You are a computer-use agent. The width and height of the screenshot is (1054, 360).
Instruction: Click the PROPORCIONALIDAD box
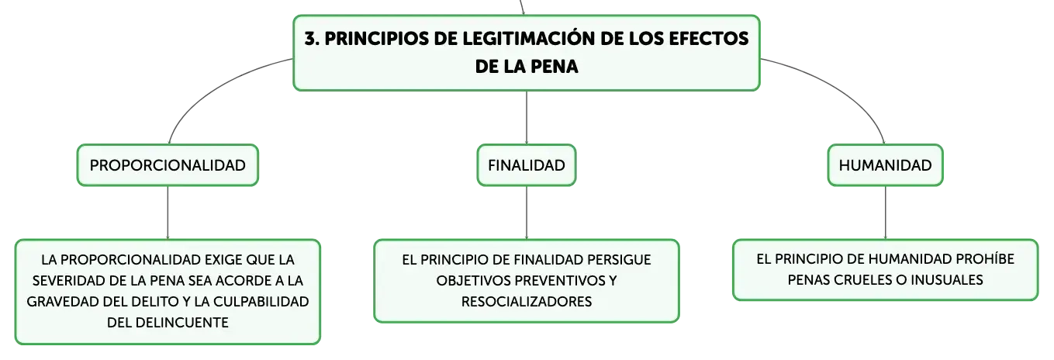168,165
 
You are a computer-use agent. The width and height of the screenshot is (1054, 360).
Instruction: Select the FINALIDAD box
527,165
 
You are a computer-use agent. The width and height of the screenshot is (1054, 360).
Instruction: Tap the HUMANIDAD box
885,165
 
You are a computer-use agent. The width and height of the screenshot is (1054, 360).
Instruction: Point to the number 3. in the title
312,39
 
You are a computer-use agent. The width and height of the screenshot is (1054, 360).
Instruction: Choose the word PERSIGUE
619,260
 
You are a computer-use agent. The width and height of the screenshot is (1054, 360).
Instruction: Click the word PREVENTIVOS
560,281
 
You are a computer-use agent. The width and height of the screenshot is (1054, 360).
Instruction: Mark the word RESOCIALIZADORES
527,302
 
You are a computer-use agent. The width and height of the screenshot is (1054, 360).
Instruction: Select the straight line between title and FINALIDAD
527,118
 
